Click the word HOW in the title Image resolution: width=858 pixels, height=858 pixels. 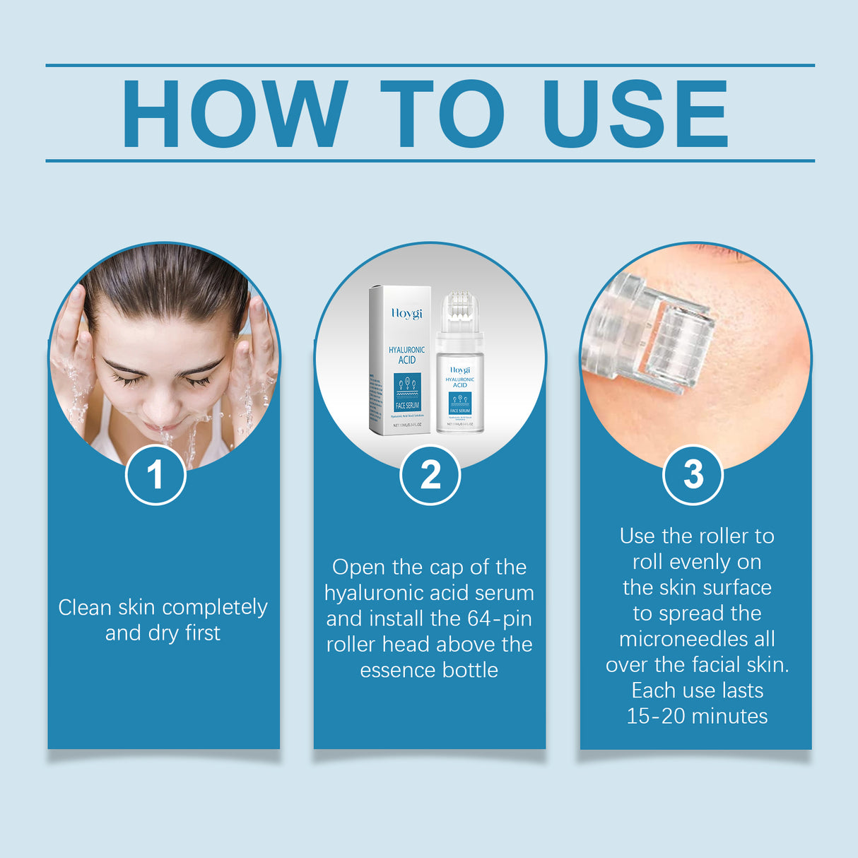234,114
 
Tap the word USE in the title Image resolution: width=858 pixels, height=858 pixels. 635,114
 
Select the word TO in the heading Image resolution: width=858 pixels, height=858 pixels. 442,114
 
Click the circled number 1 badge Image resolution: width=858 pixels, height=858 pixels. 155,474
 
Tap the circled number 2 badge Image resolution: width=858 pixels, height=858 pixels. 430,474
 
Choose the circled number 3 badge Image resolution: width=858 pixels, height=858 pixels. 693,474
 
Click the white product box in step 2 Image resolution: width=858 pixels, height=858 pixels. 400,360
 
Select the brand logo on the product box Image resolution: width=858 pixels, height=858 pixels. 406,313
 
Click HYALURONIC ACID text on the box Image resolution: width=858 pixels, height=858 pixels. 407,355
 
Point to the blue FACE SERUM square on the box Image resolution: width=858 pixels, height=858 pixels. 407,393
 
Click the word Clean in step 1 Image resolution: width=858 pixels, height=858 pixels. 86,607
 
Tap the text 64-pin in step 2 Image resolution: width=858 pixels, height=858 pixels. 490,618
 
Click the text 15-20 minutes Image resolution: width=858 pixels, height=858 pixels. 697,716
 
